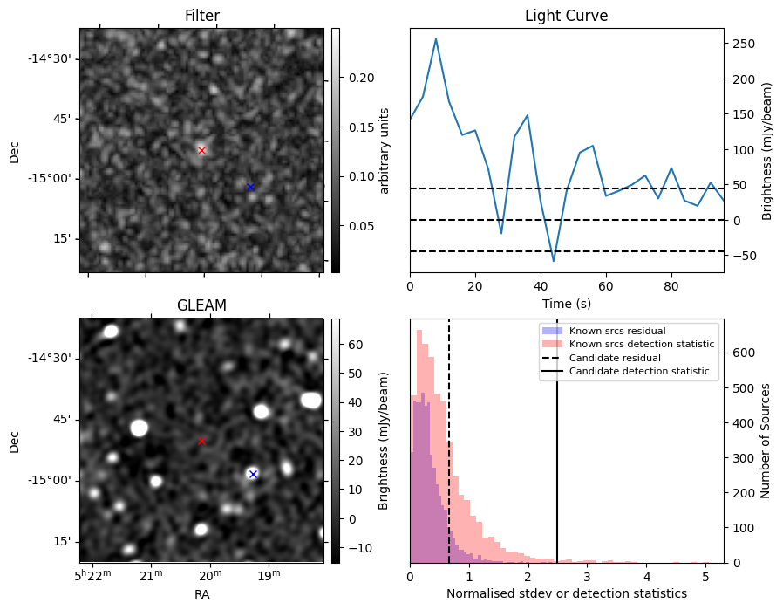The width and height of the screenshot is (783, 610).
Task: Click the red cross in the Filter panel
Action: (x=201, y=150)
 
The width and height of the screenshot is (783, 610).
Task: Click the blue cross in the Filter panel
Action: (x=250, y=187)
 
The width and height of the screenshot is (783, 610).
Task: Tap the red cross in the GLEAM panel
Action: (x=201, y=441)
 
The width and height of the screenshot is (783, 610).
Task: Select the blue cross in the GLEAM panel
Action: (x=253, y=474)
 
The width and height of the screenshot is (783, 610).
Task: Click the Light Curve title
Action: (x=566, y=16)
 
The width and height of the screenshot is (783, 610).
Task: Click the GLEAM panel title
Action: (x=201, y=305)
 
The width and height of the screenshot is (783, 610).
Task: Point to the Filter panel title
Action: (x=201, y=16)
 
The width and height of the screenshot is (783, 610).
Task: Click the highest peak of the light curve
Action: (x=436, y=39)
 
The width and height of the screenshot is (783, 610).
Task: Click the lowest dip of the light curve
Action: (x=554, y=260)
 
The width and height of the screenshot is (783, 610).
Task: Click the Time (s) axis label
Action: (x=566, y=302)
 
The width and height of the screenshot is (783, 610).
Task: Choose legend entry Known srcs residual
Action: (x=616, y=331)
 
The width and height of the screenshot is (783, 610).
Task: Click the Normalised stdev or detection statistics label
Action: (x=566, y=593)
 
